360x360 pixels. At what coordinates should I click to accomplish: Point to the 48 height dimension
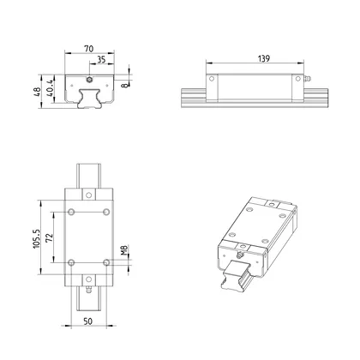40,92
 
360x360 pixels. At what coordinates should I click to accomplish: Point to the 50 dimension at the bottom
88,321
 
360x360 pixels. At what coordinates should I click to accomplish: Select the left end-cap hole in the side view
212,78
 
